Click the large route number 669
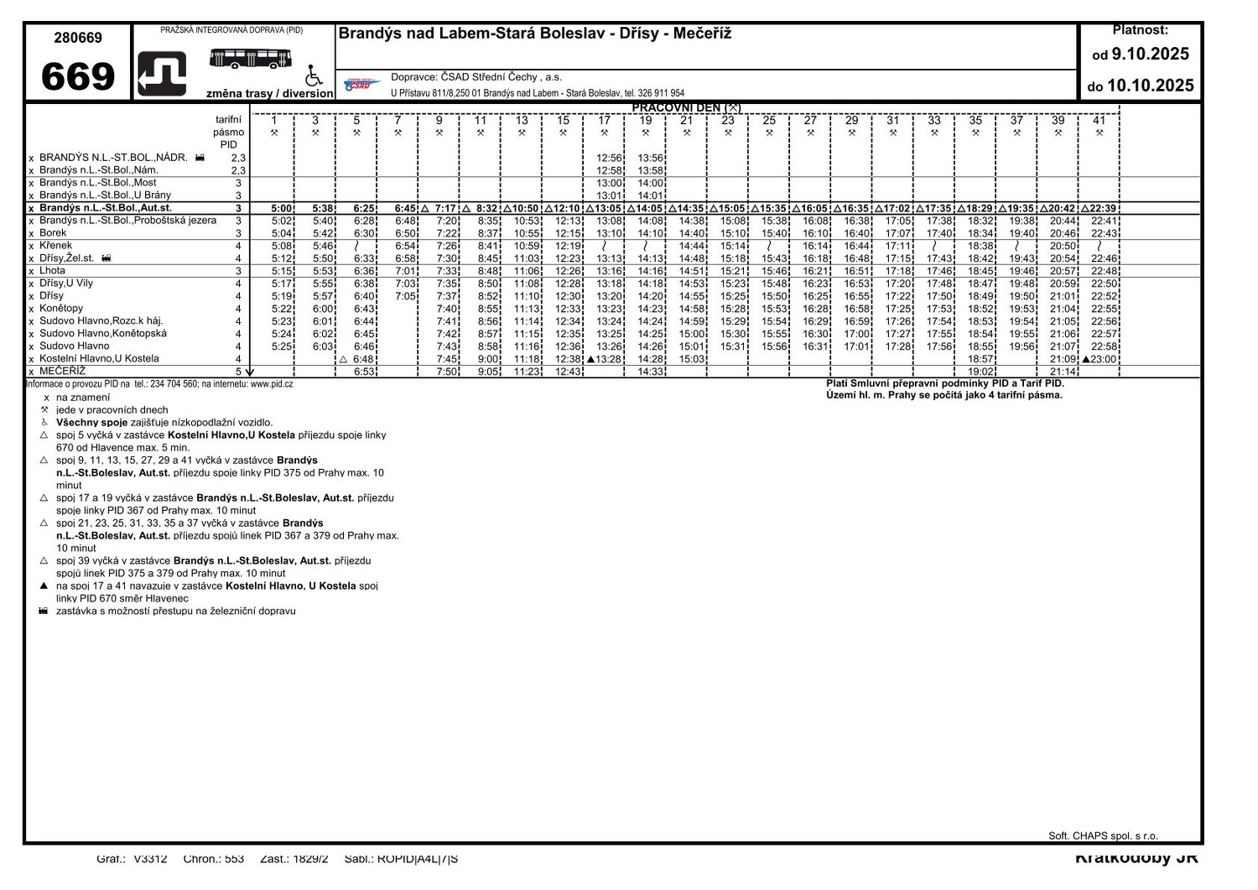pos(78,77)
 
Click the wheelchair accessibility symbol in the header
pos(314,75)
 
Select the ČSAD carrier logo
pos(362,84)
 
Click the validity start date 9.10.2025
pos(1150,55)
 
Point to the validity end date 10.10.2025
pos(1150,86)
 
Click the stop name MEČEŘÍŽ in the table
pos(62,372)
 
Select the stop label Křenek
pos(55,246)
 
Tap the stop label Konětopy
pos(61,309)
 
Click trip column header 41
pos(1099,121)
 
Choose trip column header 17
pos(604,121)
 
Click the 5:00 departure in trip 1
pos(283,208)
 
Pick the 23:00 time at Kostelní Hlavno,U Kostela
pos(1103,359)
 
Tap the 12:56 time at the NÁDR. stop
pos(610,158)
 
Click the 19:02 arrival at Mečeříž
pos(980,372)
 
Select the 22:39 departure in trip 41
pos(1103,208)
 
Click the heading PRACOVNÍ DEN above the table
pos(686,108)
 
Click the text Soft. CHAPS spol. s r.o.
pos(1103,836)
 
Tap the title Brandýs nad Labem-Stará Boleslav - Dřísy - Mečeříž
pos(535,34)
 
